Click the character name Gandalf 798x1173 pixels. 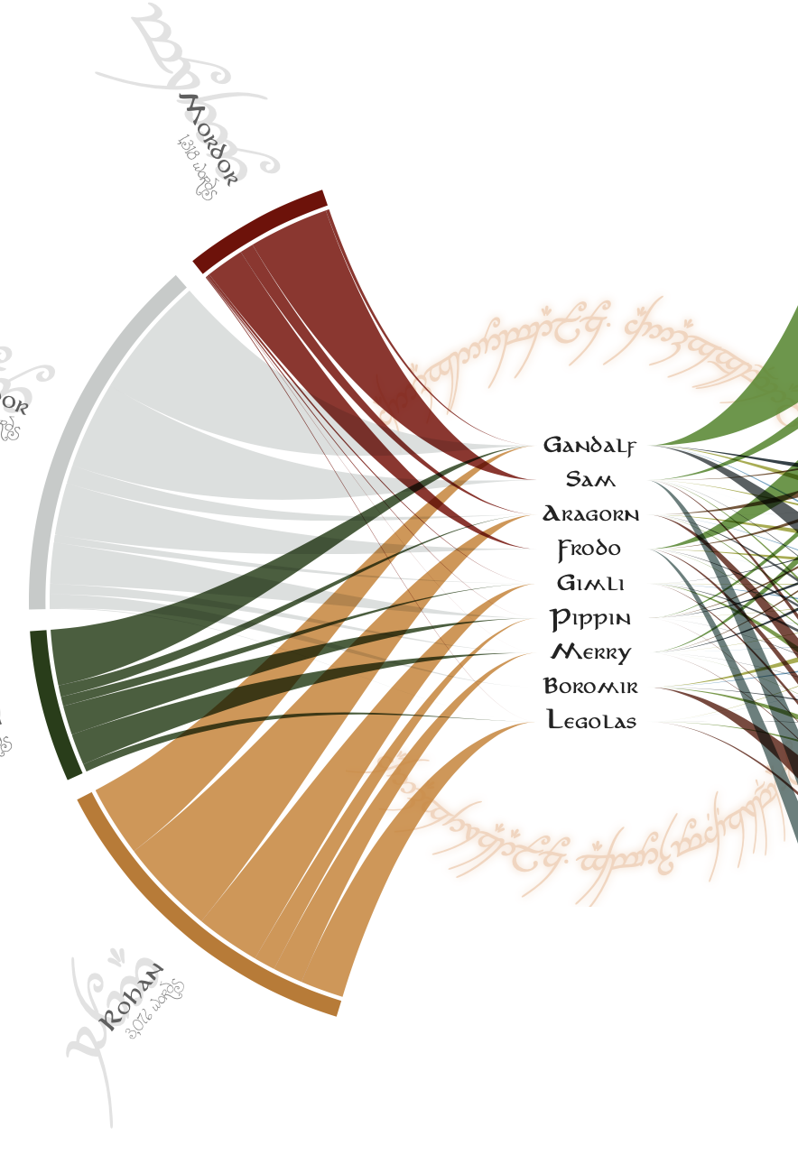(x=589, y=445)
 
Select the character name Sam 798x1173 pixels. (x=589, y=479)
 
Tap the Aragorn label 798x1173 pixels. (x=590, y=514)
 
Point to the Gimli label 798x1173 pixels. (x=590, y=583)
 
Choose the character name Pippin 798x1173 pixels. (x=590, y=618)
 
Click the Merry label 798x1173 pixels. (x=590, y=651)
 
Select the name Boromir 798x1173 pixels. (x=590, y=687)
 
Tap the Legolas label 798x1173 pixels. (x=591, y=720)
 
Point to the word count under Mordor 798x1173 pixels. (x=196, y=167)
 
